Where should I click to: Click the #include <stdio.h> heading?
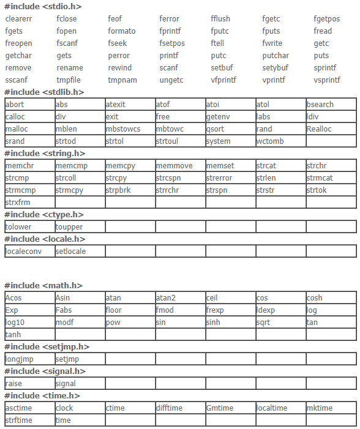pyautogui.click(x=43, y=6)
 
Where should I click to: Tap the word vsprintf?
pyautogui.click(x=326, y=80)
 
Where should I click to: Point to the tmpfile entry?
pyautogui.click(x=69, y=80)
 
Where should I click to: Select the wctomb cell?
pyautogui.click(x=270, y=141)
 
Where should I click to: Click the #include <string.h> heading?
pyautogui.click(x=45, y=154)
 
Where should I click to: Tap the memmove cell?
pyautogui.click(x=174, y=166)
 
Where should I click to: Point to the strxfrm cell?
pyautogui.click(x=18, y=203)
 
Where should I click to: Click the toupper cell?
pyautogui.click(x=69, y=227)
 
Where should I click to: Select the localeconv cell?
pyautogui.click(x=24, y=252)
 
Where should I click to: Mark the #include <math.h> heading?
pyautogui.click(x=43, y=286)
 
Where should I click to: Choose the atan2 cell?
pyautogui.click(x=166, y=298)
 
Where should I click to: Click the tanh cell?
pyautogui.click(x=13, y=335)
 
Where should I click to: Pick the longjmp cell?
pyautogui.click(x=20, y=359)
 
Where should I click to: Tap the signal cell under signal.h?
pyautogui.click(x=66, y=384)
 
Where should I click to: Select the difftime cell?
pyautogui.click(x=170, y=408)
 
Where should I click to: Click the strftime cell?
pyautogui.click(x=19, y=420)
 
